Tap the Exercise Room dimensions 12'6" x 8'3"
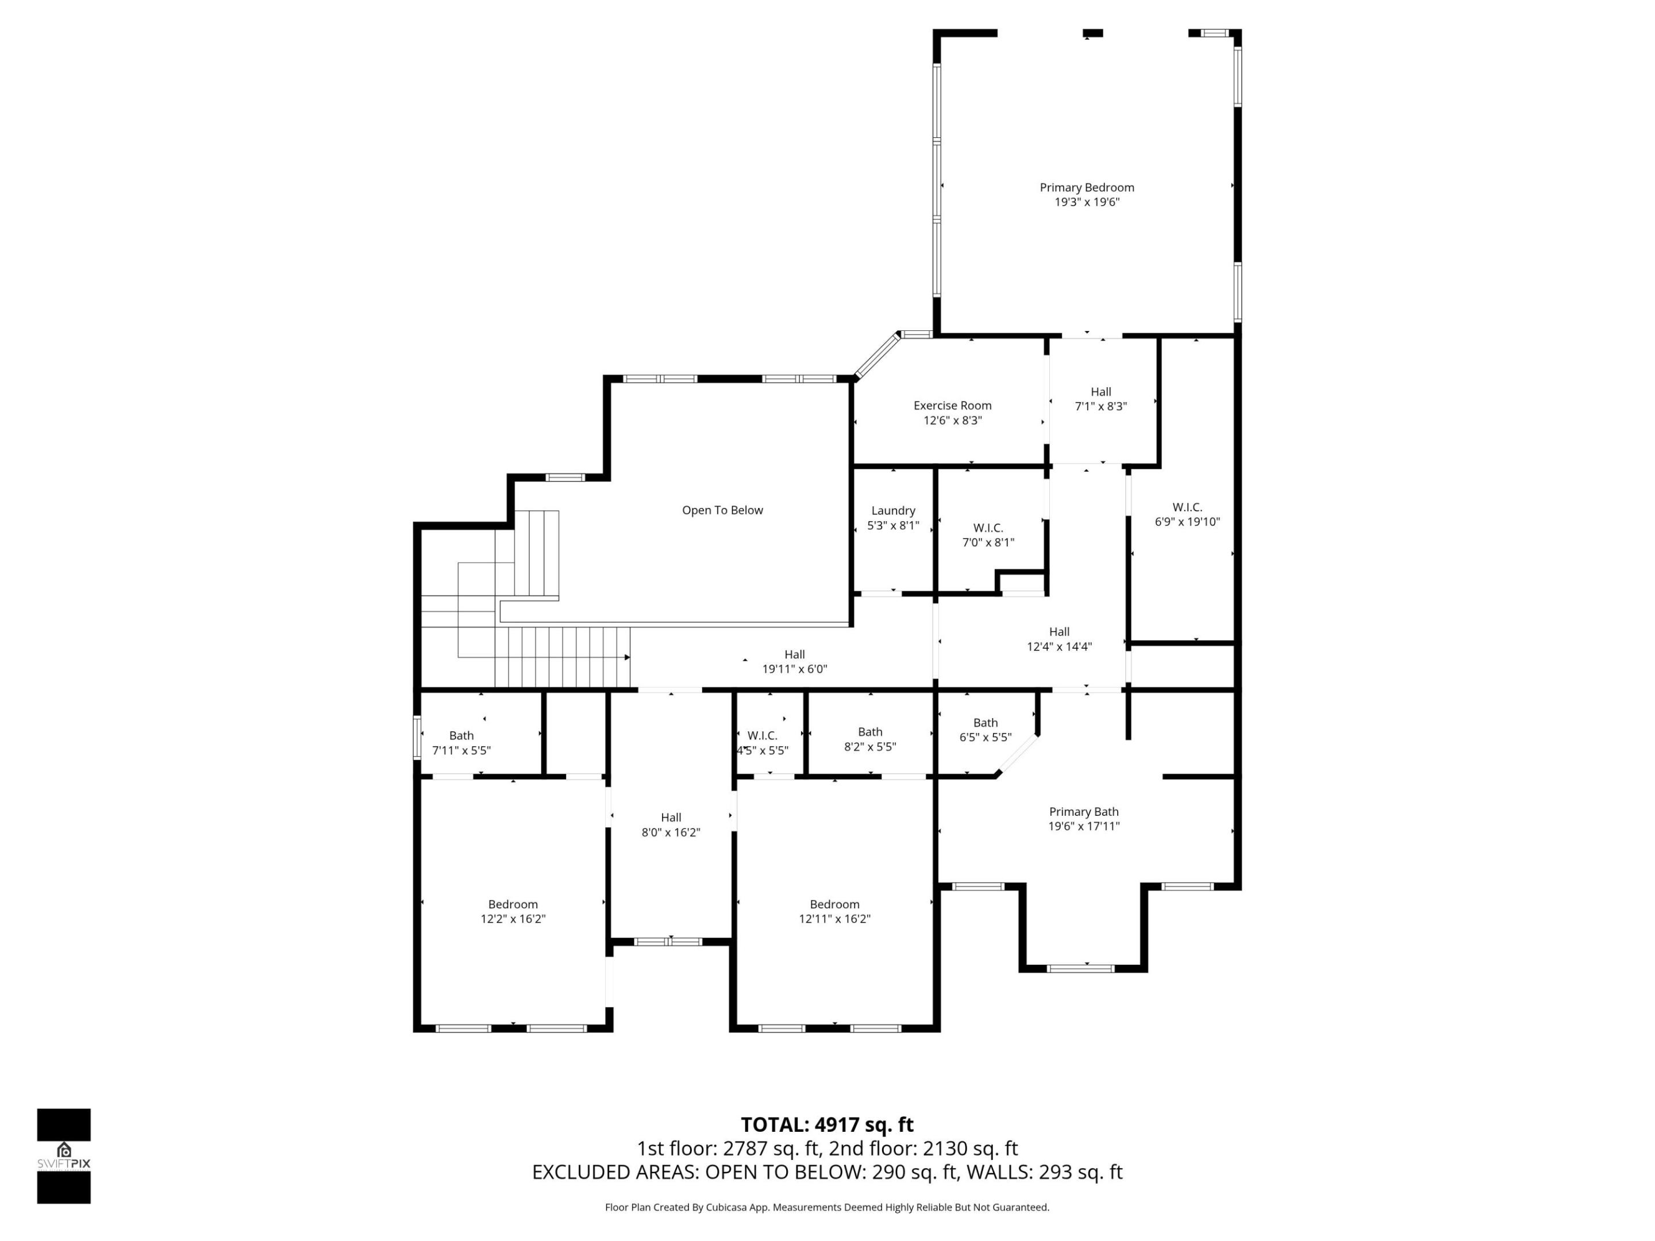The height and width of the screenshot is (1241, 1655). (952, 421)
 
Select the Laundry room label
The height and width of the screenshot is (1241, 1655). (892, 511)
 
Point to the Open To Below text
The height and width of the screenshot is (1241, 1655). (722, 510)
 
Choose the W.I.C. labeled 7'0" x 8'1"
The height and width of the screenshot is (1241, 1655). (988, 535)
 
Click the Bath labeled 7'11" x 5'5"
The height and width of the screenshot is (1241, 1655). (461, 743)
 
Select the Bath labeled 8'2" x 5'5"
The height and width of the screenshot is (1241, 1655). (869, 739)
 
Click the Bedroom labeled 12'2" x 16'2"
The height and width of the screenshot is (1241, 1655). (513, 911)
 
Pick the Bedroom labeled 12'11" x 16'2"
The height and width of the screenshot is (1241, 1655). (834, 911)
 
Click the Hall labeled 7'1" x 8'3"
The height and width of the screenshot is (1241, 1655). (1100, 399)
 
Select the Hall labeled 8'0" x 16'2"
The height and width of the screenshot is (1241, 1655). (671, 824)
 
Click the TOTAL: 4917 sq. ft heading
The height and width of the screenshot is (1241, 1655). (827, 1124)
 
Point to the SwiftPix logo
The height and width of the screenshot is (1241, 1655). (64, 1156)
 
